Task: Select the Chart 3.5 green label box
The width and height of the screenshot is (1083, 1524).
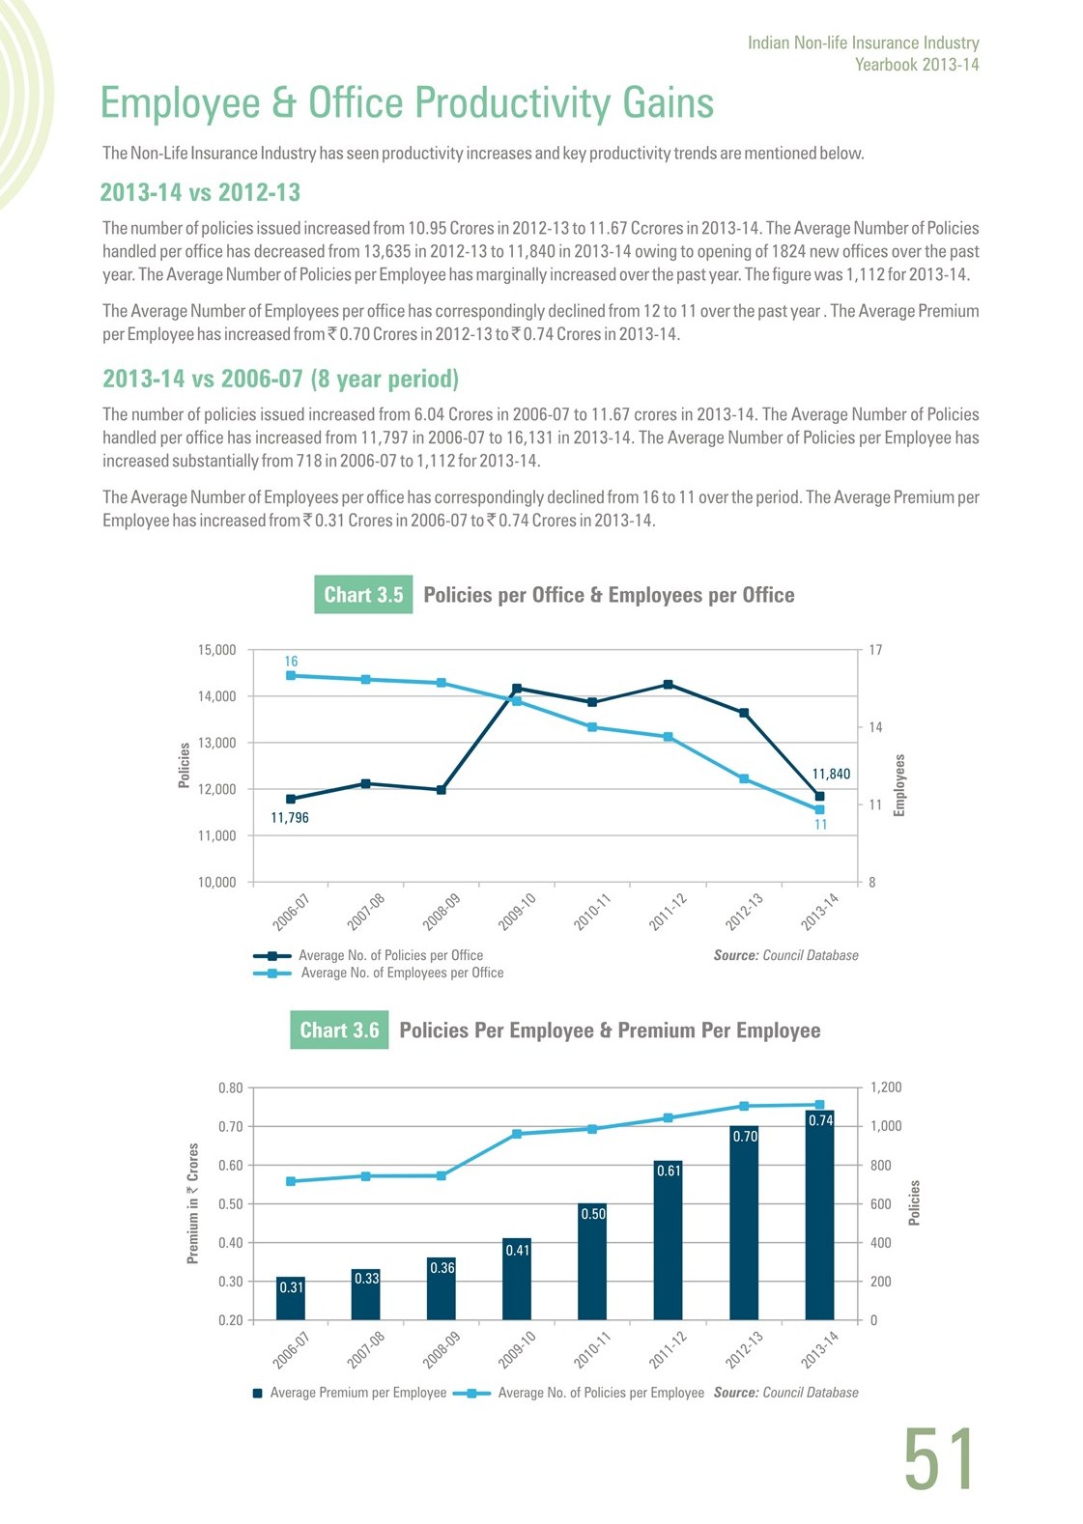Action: [363, 595]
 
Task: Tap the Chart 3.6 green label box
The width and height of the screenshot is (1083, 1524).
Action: [339, 1030]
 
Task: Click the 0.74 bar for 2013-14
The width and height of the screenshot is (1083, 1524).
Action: [819, 1215]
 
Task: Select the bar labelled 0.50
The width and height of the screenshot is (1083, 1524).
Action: [592, 1261]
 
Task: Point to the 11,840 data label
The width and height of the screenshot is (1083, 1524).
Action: [831, 775]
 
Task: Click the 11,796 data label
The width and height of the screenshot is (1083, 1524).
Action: [290, 818]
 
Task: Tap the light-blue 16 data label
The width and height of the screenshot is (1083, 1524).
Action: [291, 662]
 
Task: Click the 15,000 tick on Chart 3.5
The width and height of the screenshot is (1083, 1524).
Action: [217, 650]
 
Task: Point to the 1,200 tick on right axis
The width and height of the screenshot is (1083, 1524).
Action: [886, 1087]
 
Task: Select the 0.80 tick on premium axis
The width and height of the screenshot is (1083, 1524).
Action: [230, 1087]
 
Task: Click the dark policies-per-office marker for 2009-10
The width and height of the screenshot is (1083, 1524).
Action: [517, 689]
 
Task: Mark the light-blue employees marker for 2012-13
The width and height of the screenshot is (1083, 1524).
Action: [744, 779]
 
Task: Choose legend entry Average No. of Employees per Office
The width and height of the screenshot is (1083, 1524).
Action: [379, 973]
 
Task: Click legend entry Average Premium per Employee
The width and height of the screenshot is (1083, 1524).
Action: [350, 1393]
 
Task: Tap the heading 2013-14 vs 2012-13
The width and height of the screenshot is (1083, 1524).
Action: [200, 192]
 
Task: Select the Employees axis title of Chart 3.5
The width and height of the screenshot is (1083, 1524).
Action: [899, 785]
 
